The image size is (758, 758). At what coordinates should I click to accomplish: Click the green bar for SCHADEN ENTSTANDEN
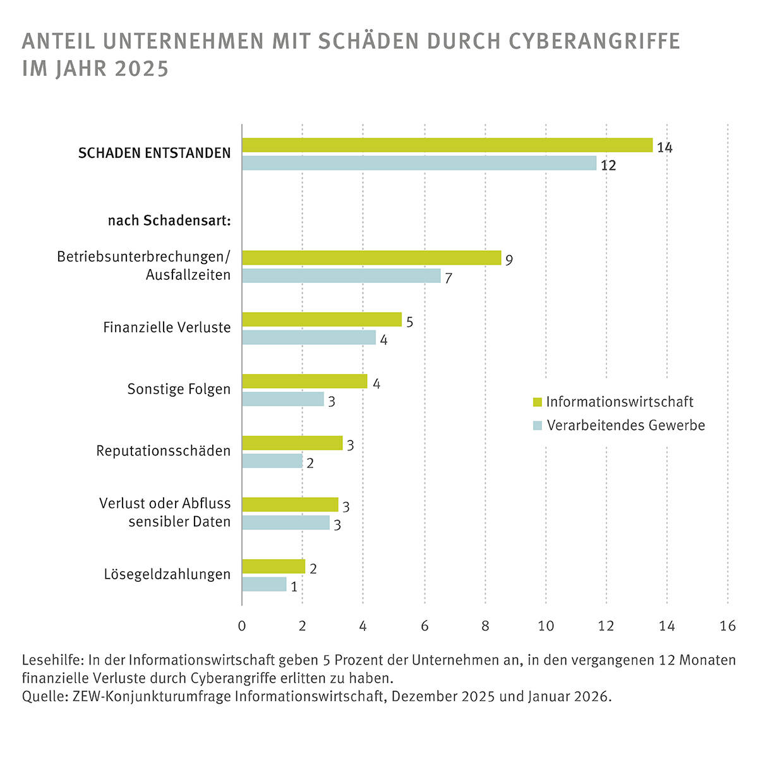[x=447, y=145]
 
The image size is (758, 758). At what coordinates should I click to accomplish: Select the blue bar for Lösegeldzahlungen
[x=264, y=584]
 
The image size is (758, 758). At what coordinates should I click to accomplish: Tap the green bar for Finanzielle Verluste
[x=322, y=320]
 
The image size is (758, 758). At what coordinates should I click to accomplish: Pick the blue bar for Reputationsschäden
[x=272, y=461]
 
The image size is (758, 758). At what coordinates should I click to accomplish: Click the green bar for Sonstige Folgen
[x=304, y=382]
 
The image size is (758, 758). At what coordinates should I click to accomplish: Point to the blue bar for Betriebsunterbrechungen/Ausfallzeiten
[x=341, y=275]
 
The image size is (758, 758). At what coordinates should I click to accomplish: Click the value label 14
[x=665, y=147]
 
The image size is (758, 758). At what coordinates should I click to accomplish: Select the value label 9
[x=508, y=260]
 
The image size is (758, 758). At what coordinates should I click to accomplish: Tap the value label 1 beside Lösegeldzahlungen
[x=294, y=587]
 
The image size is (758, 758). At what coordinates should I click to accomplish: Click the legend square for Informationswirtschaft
[x=538, y=402]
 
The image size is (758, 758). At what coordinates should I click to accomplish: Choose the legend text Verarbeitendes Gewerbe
[x=625, y=425]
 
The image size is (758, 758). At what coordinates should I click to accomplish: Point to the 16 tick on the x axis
[x=728, y=626]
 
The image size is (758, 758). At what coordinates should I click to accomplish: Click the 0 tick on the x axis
[x=242, y=626]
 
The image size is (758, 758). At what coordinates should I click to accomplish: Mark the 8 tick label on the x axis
[x=485, y=626]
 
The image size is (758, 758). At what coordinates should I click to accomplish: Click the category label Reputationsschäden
[x=163, y=451]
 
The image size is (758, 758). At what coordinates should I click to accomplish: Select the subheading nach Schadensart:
[x=169, y=221]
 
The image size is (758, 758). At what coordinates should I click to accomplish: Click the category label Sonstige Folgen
[x=179, y=389]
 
